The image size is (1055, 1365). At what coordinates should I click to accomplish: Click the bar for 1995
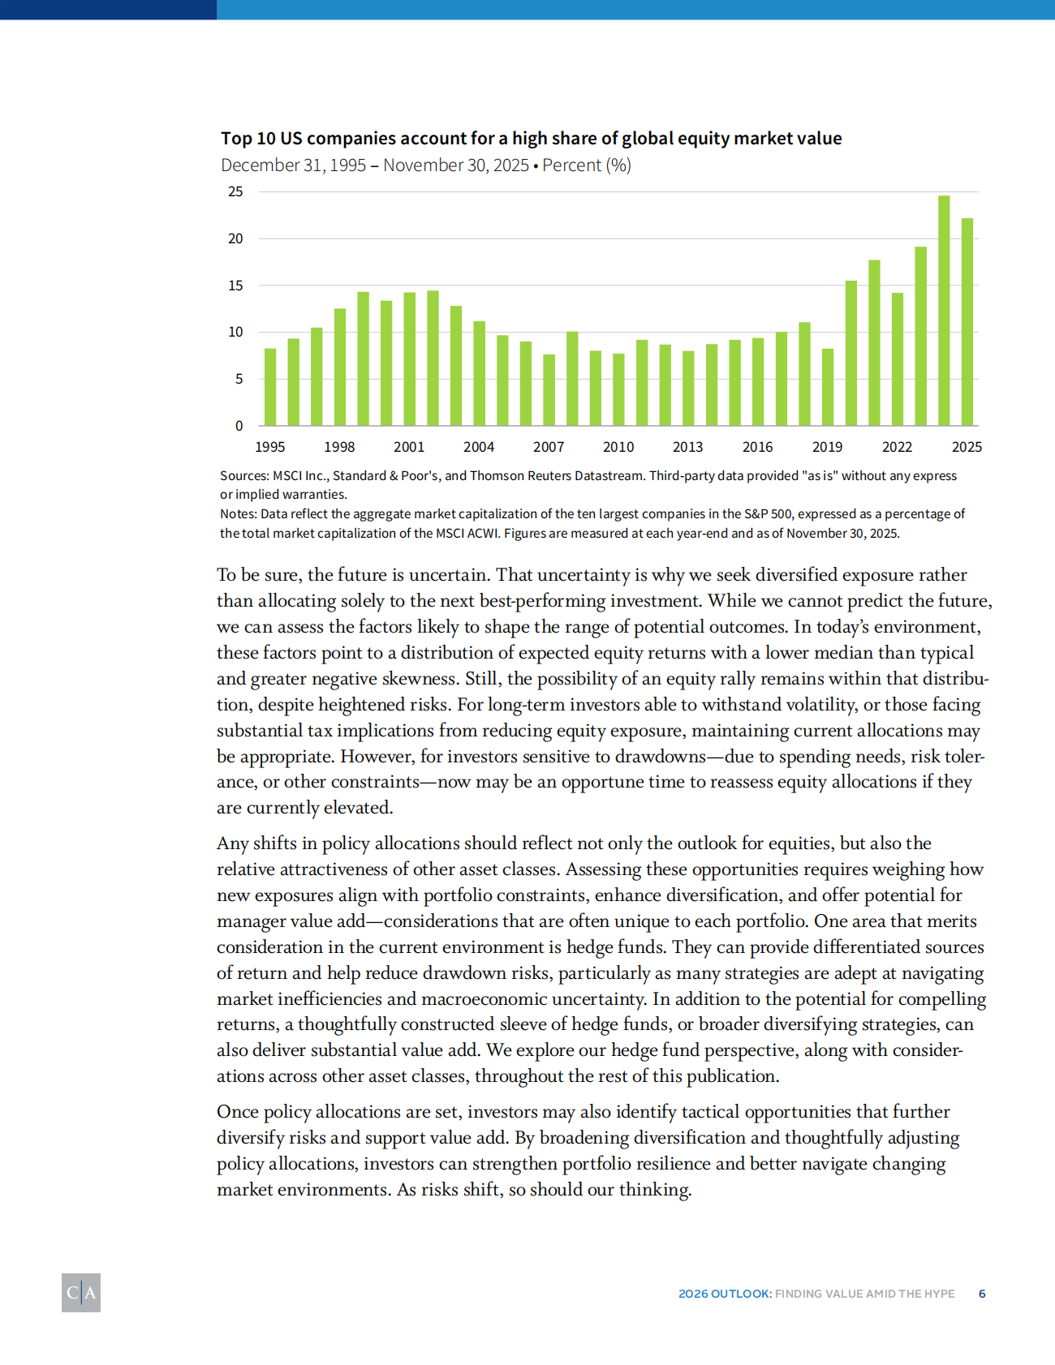(x=270, y=387)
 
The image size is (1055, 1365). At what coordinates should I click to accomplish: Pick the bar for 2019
(x=828, y=387)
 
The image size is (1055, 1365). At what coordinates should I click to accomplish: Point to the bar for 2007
(x=549, y=390)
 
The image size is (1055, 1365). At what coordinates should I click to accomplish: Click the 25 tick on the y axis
(x=235, y=192)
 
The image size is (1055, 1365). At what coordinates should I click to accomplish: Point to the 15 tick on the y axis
(x=235, y=285)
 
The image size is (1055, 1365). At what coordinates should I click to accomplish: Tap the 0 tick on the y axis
(x=239, y=426)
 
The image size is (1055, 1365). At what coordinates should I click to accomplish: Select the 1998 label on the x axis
(x=339, y=447)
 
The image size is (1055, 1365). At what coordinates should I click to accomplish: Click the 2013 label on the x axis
(x=688, y=447)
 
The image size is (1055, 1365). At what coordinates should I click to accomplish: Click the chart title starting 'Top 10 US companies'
(x=531, y=139)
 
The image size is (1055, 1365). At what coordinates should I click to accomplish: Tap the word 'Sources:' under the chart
(x=244, y=476)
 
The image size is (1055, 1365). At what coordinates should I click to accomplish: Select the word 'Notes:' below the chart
(x=239, y=514)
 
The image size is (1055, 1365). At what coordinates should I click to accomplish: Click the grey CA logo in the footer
(x=81, y=1293)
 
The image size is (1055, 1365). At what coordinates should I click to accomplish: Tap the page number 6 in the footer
(x=982, y=1294)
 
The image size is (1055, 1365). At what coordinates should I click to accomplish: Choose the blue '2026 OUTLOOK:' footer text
(x=725, y=1294)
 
